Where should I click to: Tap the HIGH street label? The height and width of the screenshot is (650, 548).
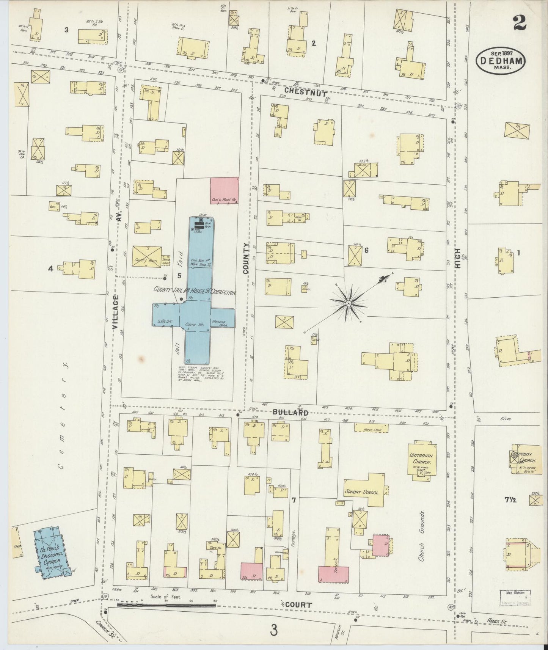(x=457, y=258)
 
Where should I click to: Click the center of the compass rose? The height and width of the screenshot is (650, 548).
(x=348, y=303)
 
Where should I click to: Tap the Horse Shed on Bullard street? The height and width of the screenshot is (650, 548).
(x=371, y=427)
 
